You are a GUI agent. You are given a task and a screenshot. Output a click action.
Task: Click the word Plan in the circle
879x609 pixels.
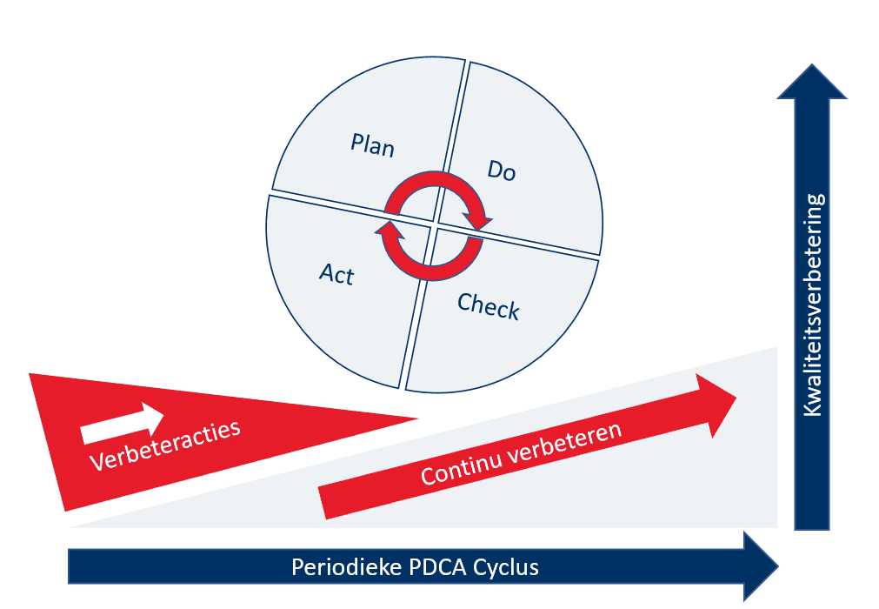coord(373,144)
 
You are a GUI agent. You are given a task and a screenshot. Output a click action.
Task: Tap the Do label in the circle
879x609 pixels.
coord(501,171)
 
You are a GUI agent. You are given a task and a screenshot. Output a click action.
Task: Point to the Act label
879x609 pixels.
coord(336,274)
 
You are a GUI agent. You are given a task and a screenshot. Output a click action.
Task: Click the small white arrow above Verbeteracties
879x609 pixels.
coord(121,422)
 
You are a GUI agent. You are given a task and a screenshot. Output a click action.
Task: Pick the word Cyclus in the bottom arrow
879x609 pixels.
coord(506,568)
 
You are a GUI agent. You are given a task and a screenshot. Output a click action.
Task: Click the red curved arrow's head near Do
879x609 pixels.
coord(479,221)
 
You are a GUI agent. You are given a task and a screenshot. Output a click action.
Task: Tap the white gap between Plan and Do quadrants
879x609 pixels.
coord(456,122)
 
